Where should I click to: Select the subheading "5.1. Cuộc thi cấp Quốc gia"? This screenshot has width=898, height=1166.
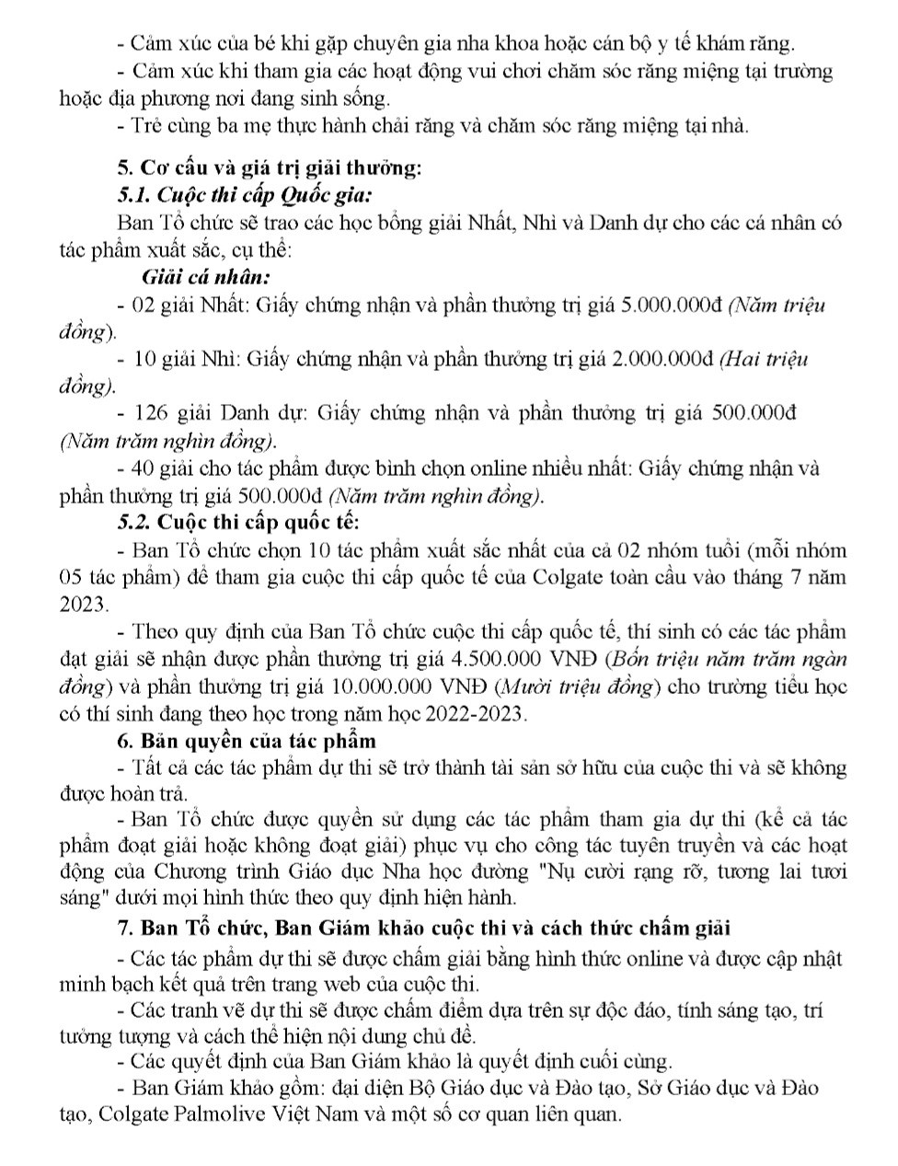tap(245, 195)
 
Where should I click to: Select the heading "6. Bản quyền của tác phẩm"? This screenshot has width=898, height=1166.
tap(247, 741)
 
